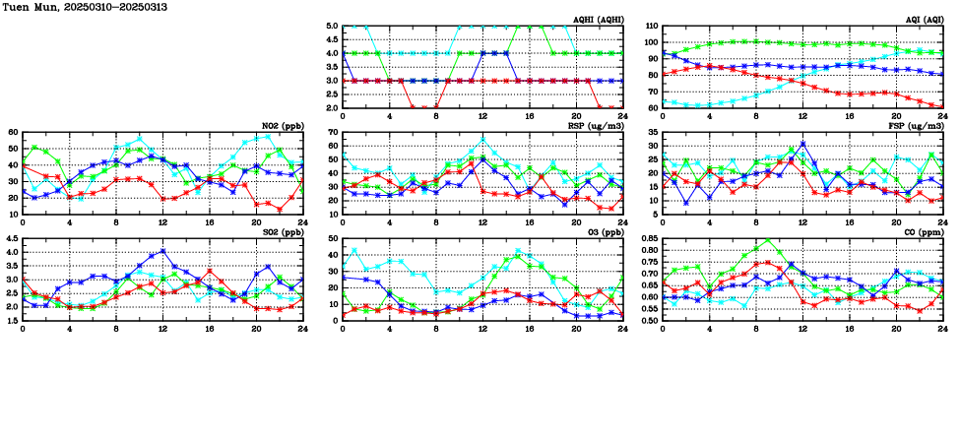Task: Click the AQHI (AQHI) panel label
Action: click(598, 19)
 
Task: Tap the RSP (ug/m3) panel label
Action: click(597, 126)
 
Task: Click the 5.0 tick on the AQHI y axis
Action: click(332, 27)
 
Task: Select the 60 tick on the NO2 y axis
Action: click(13, 132)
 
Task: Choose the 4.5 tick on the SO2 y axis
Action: click(11, 238)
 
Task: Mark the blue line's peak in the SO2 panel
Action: click(163, 251)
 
